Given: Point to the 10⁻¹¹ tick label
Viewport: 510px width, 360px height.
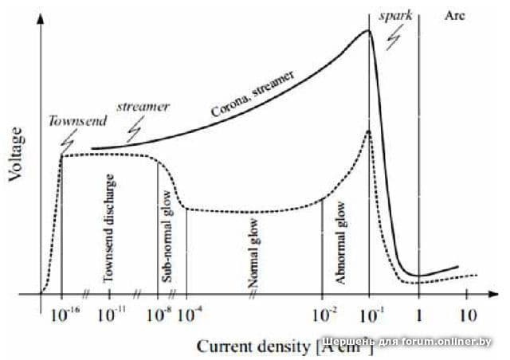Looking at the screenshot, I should coord(111,315).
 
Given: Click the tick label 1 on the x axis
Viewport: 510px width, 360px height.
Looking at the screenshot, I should coord(419,315).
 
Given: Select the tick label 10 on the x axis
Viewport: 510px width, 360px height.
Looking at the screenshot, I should coord(469,315).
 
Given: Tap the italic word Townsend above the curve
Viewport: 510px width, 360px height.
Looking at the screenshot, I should coord(73,121).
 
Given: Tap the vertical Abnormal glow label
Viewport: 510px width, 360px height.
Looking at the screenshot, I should coord(341,242).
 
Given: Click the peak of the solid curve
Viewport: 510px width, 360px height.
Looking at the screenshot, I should coord(368,31).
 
